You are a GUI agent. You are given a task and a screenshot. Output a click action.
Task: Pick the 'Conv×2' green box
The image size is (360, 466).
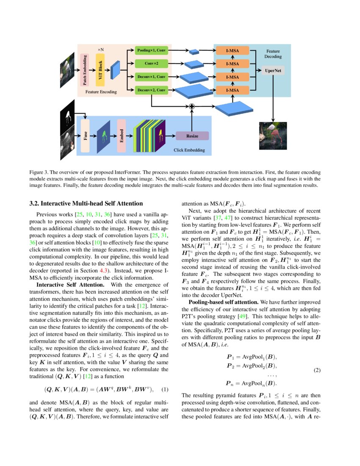pos(151,64)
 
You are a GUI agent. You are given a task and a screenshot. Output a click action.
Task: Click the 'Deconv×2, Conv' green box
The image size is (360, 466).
pos(151,90)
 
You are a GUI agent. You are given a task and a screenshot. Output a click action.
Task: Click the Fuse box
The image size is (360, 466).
pos(85,136)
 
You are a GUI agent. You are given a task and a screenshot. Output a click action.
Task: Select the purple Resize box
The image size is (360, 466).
pos(192,136)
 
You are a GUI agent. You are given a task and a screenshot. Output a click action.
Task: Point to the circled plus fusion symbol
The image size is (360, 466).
pos(191,106)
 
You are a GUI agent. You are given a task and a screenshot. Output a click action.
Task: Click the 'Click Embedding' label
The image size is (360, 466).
pos(189,150)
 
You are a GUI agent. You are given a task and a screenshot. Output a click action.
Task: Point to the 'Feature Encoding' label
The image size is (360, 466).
pos(101,91)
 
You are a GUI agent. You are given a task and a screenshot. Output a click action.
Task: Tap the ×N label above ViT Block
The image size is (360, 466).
pos(101,50)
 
